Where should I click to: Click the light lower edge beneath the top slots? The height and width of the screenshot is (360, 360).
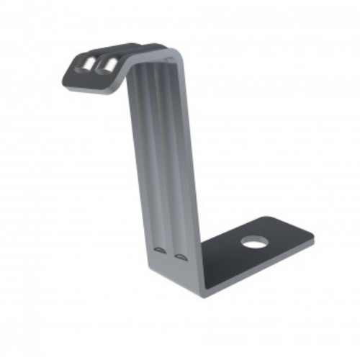pyautogui.click(x=90, y=88)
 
